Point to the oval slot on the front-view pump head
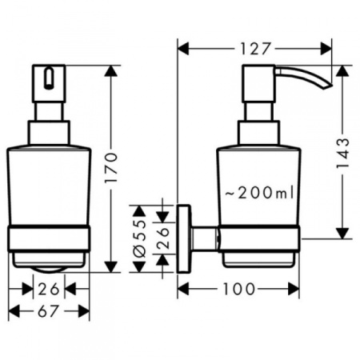pos(50,78)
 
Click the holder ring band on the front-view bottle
pos(50,237)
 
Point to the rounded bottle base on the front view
pos(50,261)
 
